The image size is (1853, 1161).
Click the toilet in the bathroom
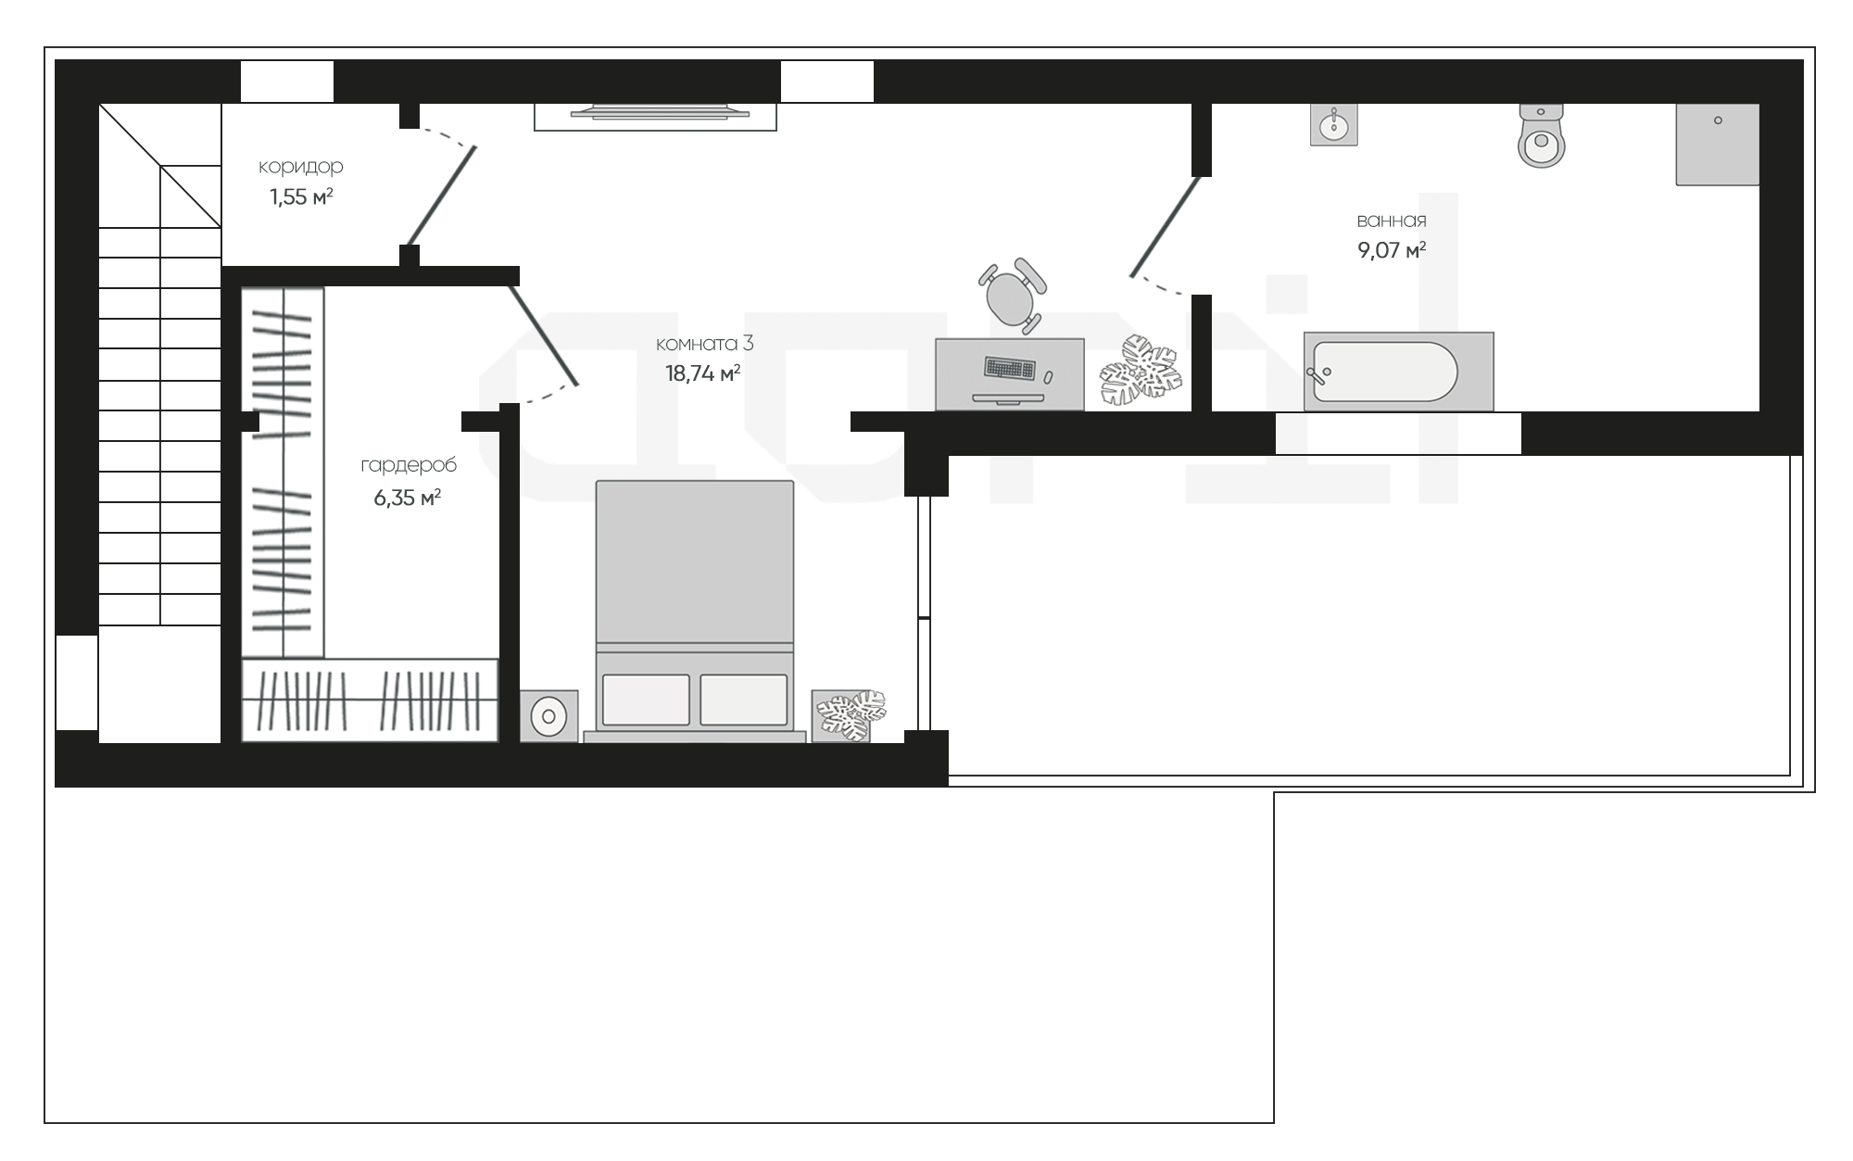pos(1542,136)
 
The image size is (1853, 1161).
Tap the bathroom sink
pos(1334,124)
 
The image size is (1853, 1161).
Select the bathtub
pos(1398,371)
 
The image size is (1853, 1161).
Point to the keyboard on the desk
pos(1010,369)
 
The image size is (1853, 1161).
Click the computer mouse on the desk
pos(1048,377)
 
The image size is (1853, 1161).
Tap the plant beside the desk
pos(1141,371)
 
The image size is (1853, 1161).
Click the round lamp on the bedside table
pos(548,716)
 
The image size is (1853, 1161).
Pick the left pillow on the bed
pos(646,700)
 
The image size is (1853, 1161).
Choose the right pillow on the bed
pos(744,700)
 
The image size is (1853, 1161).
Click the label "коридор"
pos(301,167)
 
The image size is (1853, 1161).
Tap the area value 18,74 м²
pos(702,373)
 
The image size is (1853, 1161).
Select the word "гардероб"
pos(409,465)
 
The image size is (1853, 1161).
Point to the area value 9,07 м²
pos(1392,250)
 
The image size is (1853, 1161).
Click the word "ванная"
pos(1392,221)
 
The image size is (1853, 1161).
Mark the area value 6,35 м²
pos(407,498)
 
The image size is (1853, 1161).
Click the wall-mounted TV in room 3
pos(660,112)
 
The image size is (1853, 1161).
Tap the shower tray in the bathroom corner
pos(1718,145)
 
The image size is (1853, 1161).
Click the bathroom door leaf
pos(1166,227)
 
